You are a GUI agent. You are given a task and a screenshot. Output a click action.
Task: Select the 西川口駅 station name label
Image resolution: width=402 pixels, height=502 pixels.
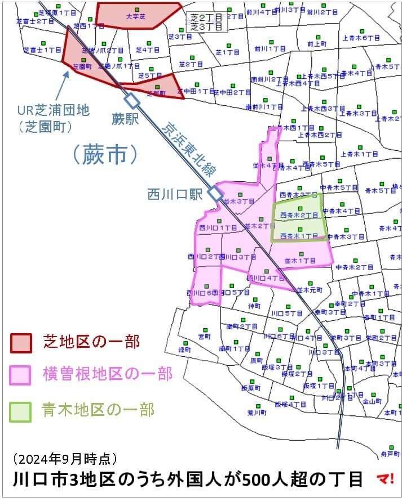coord(175,194)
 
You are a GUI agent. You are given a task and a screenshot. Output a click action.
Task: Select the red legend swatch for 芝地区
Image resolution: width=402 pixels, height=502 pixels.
coord(21,343)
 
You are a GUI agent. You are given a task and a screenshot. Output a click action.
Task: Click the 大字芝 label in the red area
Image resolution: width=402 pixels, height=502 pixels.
coord(136,17)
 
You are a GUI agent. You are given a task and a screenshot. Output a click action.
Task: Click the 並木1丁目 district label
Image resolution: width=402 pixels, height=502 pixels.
coord(300,261)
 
